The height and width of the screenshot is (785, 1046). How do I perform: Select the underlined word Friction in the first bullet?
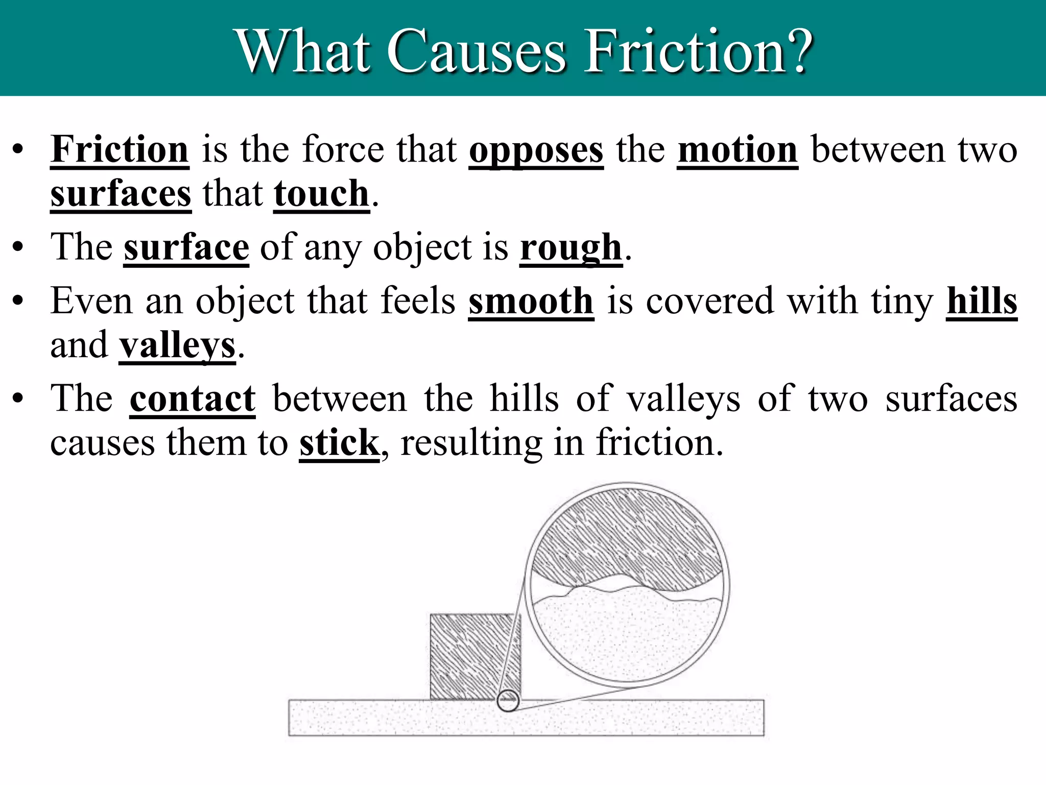point(120,149)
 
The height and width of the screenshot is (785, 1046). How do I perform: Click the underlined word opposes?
point(536,150)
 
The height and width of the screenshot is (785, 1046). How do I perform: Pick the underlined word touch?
point(321,194)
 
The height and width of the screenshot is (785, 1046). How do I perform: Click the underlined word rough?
point(571,248)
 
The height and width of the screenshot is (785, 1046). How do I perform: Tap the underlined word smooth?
point(531,301)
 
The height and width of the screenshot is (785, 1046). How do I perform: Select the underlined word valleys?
point(177,346)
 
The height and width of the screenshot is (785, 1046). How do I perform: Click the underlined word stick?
point(339,443)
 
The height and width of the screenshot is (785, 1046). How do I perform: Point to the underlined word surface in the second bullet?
point(186,247)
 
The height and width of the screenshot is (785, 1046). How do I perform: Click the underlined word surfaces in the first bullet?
point(121,194)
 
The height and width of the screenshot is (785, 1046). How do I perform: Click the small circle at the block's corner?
point(508,700)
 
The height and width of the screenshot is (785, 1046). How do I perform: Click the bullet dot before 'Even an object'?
point(18,302)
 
